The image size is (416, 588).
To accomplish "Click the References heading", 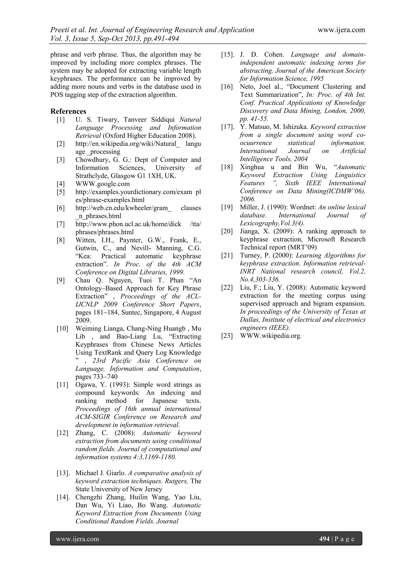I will (68, 111).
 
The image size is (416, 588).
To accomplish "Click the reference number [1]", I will (61, 120).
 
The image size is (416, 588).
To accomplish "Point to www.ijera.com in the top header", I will (341, 30).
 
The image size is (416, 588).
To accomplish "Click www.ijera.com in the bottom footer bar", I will (78, 539).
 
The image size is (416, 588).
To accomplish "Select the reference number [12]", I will (62, 433).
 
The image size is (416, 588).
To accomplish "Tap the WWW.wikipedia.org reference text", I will (271, 336).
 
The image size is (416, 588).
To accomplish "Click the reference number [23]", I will (227, 336).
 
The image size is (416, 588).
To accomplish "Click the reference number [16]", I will (227, 87).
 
